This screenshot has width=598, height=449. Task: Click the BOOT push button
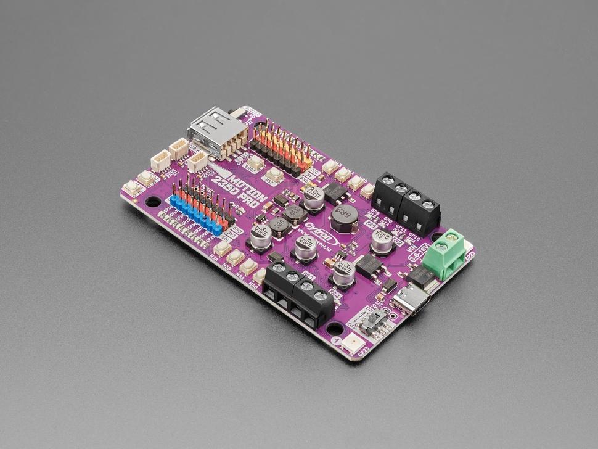pos(255,162)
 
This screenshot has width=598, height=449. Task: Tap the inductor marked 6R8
pos(343,216)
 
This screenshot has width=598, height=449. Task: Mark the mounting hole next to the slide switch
pos(335,329)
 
